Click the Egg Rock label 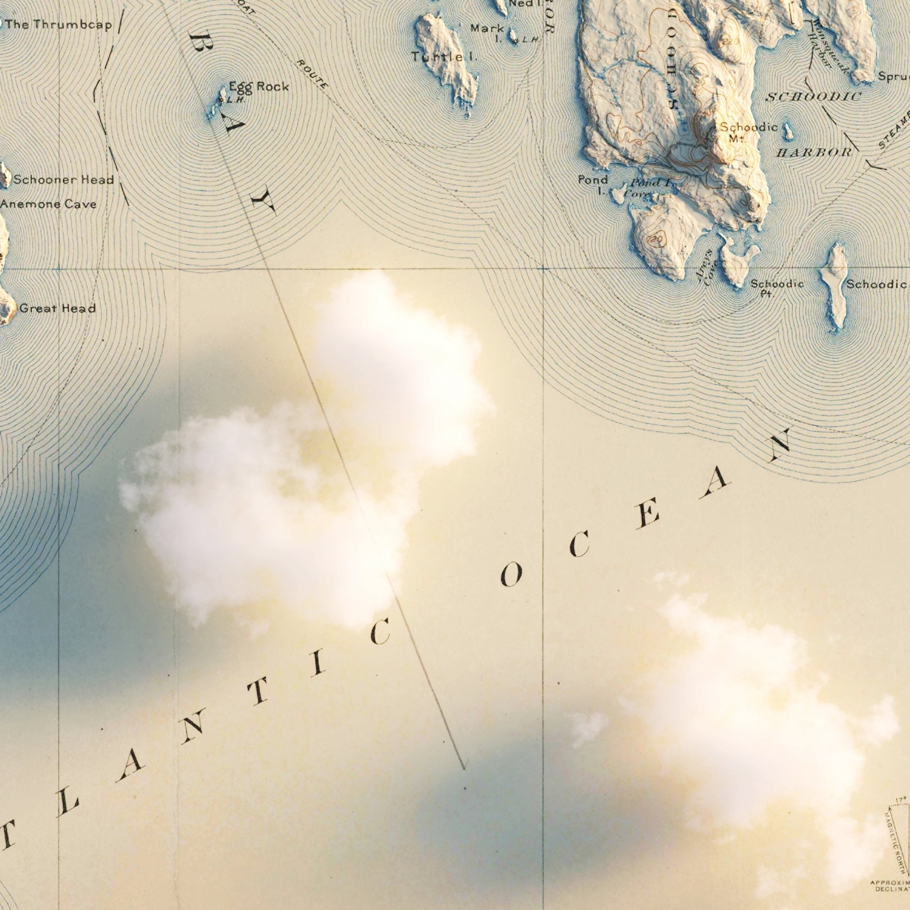[259, 87]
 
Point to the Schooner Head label [64, 180]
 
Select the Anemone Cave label [48, 204]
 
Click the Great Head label [57, 308]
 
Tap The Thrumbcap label [59, 24]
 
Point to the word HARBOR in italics [814, 152]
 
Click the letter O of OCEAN [511, 575]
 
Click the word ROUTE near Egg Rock [312, 74]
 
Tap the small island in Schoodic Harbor [788, 132]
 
